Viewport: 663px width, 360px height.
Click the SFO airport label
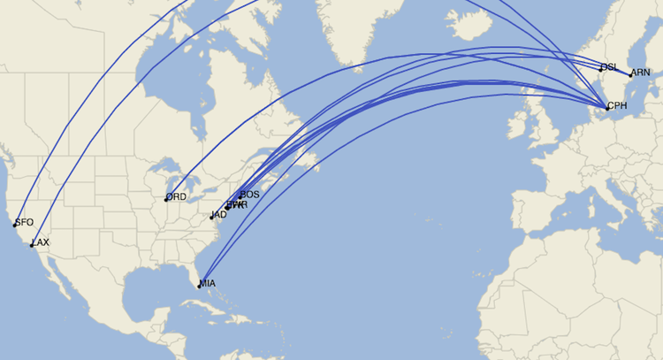tap(25, 222)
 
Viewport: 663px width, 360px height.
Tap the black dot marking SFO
tap(15, 225)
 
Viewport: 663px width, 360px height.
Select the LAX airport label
tap(41, 242)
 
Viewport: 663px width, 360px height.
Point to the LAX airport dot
tap(32, 245)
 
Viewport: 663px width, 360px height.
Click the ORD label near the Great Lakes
tap(177, 196)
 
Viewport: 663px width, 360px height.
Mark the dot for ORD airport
tap(166, 199)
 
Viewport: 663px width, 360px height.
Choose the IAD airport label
tap(219, 214)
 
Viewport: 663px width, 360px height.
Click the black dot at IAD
tap(211, 217)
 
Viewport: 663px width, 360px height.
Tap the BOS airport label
tap(250, 194)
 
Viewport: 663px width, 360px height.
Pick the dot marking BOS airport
tap(240, 197)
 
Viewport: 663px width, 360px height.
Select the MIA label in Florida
tap(208, 283)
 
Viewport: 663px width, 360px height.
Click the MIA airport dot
tap(199, 286)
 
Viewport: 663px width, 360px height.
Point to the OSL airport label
tap(609, 67)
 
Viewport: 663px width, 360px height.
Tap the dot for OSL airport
tap(601, 67)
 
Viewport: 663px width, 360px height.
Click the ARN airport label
tap(641, 73)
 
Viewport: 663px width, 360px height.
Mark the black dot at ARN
tap(630, 75)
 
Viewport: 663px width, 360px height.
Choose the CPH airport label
tap(617, 105)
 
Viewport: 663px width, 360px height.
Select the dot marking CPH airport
tap(606, 108)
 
